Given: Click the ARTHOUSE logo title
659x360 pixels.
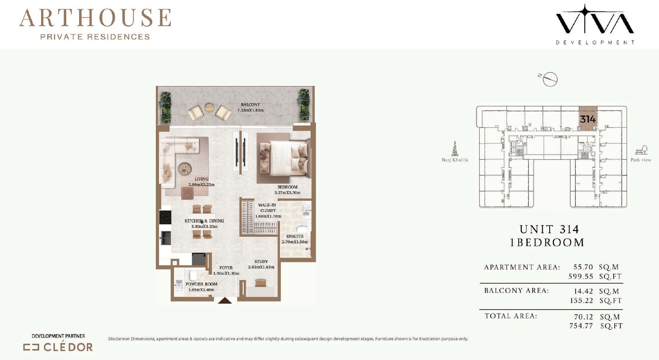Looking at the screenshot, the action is coord(95,18).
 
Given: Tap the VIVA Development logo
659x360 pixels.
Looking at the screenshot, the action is coord(595,24).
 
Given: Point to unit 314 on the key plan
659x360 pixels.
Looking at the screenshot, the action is coord(588,119).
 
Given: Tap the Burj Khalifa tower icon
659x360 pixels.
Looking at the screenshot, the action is coord(455,148).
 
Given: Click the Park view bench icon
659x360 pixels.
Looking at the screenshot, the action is coord(641,150).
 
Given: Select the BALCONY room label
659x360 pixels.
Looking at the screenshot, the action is coord(250,104).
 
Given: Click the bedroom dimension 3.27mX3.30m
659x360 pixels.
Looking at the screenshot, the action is coord(287,193).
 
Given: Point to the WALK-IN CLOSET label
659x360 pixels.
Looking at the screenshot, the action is coord(267,208).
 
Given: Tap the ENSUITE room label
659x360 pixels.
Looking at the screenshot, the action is coord(295,236).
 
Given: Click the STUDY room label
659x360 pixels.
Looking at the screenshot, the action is coord(261,261).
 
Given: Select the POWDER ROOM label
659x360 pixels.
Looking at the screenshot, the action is coord(201,284).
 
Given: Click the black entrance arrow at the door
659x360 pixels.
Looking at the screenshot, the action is coord(225,300).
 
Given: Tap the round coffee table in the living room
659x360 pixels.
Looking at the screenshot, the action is coord(185,169).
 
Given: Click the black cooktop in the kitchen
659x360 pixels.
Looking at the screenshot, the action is coord(165,217).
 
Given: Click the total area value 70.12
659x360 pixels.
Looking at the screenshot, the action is coord(583,317).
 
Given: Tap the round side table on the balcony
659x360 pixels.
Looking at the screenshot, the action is coord(209,108).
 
